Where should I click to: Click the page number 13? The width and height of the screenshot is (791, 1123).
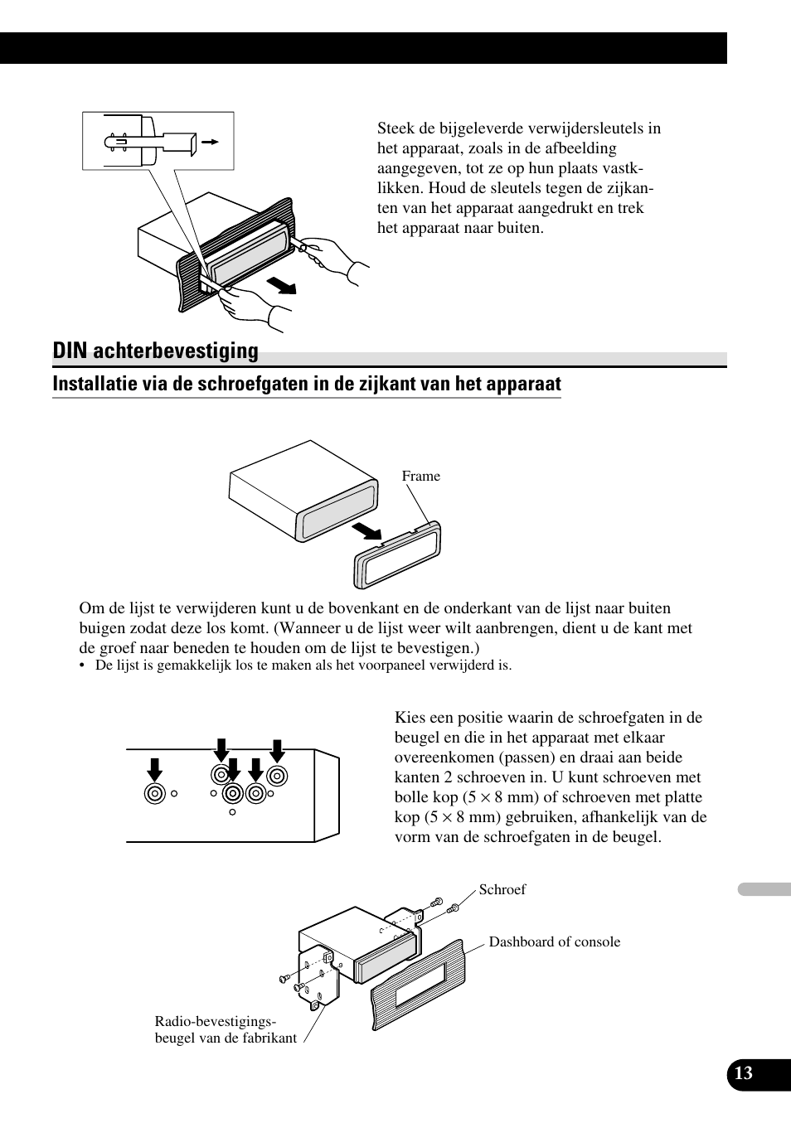[x=744, y=1073]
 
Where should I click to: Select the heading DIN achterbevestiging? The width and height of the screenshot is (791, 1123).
[x=155, y=351]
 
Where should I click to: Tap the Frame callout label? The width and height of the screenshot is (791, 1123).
[x=420, y=476]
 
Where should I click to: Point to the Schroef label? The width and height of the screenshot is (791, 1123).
[x=502, y=889]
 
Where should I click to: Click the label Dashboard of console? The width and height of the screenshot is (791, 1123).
[x=554, y=941]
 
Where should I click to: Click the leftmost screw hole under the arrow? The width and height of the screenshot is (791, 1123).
[x=154, y=793]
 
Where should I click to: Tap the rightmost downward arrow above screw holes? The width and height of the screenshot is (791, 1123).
[x=277, y=750]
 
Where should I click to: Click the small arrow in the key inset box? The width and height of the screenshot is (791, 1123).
[x=211, y=143]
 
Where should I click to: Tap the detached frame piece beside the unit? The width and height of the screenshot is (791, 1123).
[x=398, y=555]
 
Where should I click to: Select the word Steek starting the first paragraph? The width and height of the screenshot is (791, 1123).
[x=395, y=128]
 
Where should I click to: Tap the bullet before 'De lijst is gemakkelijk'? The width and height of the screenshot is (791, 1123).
[x=83, y=666]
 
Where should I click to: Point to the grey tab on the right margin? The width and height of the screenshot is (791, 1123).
[x=764, y=889]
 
